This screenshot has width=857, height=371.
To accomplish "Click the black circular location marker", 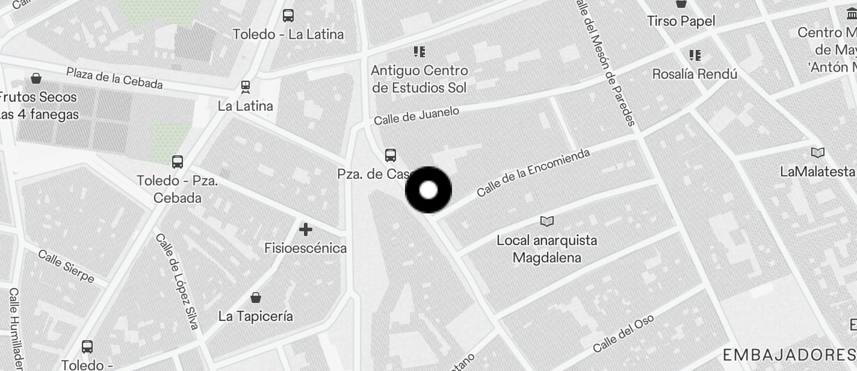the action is coord(428,190).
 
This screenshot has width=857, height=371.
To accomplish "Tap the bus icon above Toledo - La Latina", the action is coord(288,16).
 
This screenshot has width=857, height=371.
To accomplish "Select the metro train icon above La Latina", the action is coord(246,87).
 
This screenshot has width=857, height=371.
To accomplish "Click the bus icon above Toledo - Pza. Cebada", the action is coord(178,161).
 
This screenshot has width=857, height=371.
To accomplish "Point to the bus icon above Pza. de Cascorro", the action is coord(391,155).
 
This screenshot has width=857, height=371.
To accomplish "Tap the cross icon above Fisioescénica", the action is coord(306,229).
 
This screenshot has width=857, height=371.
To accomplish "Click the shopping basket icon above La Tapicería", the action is coord(256,298).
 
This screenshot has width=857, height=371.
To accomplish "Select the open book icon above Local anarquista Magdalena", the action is coord(546,222).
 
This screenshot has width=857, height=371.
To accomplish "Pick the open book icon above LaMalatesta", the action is coord(817,152).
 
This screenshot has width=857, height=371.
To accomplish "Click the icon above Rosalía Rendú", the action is coord(695,55).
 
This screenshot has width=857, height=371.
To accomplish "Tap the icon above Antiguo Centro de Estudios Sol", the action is coord(419,52).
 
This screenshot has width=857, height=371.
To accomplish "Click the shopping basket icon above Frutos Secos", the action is coord(36,78).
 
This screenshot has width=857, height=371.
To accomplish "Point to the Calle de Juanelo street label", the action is coord(416,115).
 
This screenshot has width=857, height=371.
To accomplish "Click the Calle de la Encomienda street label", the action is coord(533,173).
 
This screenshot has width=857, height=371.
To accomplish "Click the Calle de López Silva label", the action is coord(176,281).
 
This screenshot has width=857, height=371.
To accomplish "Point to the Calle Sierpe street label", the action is coord(66,265).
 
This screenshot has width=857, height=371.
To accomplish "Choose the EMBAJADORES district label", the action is coord(789,354).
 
